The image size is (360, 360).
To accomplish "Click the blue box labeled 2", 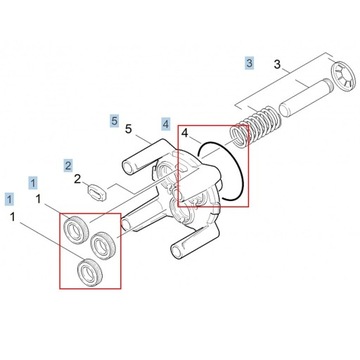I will [x=68, y=163].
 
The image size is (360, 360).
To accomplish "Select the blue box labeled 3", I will [x=250, y=63].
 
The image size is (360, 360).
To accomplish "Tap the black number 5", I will [x=128, y=128].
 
